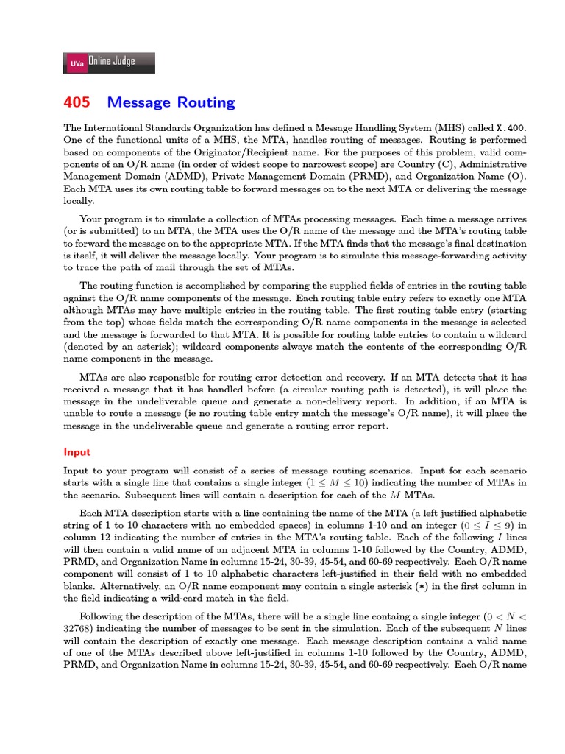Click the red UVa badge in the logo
pos(77,63)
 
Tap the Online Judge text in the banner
pos(112,62)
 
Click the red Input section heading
pos(77,451)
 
